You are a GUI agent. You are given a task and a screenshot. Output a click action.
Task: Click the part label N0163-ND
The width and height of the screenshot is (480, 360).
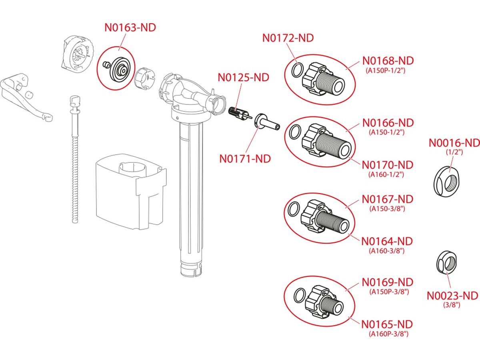(x=130, y=28)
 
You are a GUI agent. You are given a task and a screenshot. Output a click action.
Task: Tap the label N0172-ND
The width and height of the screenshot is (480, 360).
(x=288, y=38)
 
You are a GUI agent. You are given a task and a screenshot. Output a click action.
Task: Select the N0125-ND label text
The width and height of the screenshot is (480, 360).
(x=243, y=77)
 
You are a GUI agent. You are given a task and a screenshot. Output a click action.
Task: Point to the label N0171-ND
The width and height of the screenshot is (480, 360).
(x=245, y=158)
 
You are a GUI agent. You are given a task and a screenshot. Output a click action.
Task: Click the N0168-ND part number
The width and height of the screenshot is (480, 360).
(x=388, y=61)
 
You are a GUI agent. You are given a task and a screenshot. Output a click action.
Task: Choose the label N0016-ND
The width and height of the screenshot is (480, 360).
(x=454, y=143)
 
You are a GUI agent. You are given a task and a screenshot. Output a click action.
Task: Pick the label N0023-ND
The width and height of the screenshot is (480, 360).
(x=452, y=296)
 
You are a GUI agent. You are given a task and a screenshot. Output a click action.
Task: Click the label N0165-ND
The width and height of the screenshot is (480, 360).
(x=387, y=324)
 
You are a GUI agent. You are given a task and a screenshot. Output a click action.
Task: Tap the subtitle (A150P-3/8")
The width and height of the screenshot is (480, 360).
(x=389, y=292)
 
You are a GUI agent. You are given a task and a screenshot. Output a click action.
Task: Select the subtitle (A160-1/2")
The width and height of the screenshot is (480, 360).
(x=386, y=174)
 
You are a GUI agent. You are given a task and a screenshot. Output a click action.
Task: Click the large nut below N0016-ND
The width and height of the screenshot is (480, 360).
(x=448, y=182)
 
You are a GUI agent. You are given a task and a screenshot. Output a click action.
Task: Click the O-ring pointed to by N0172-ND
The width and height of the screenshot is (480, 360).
(x=296, y=71)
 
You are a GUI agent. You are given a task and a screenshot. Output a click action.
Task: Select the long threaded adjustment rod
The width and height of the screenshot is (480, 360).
(x=74, y=160)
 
